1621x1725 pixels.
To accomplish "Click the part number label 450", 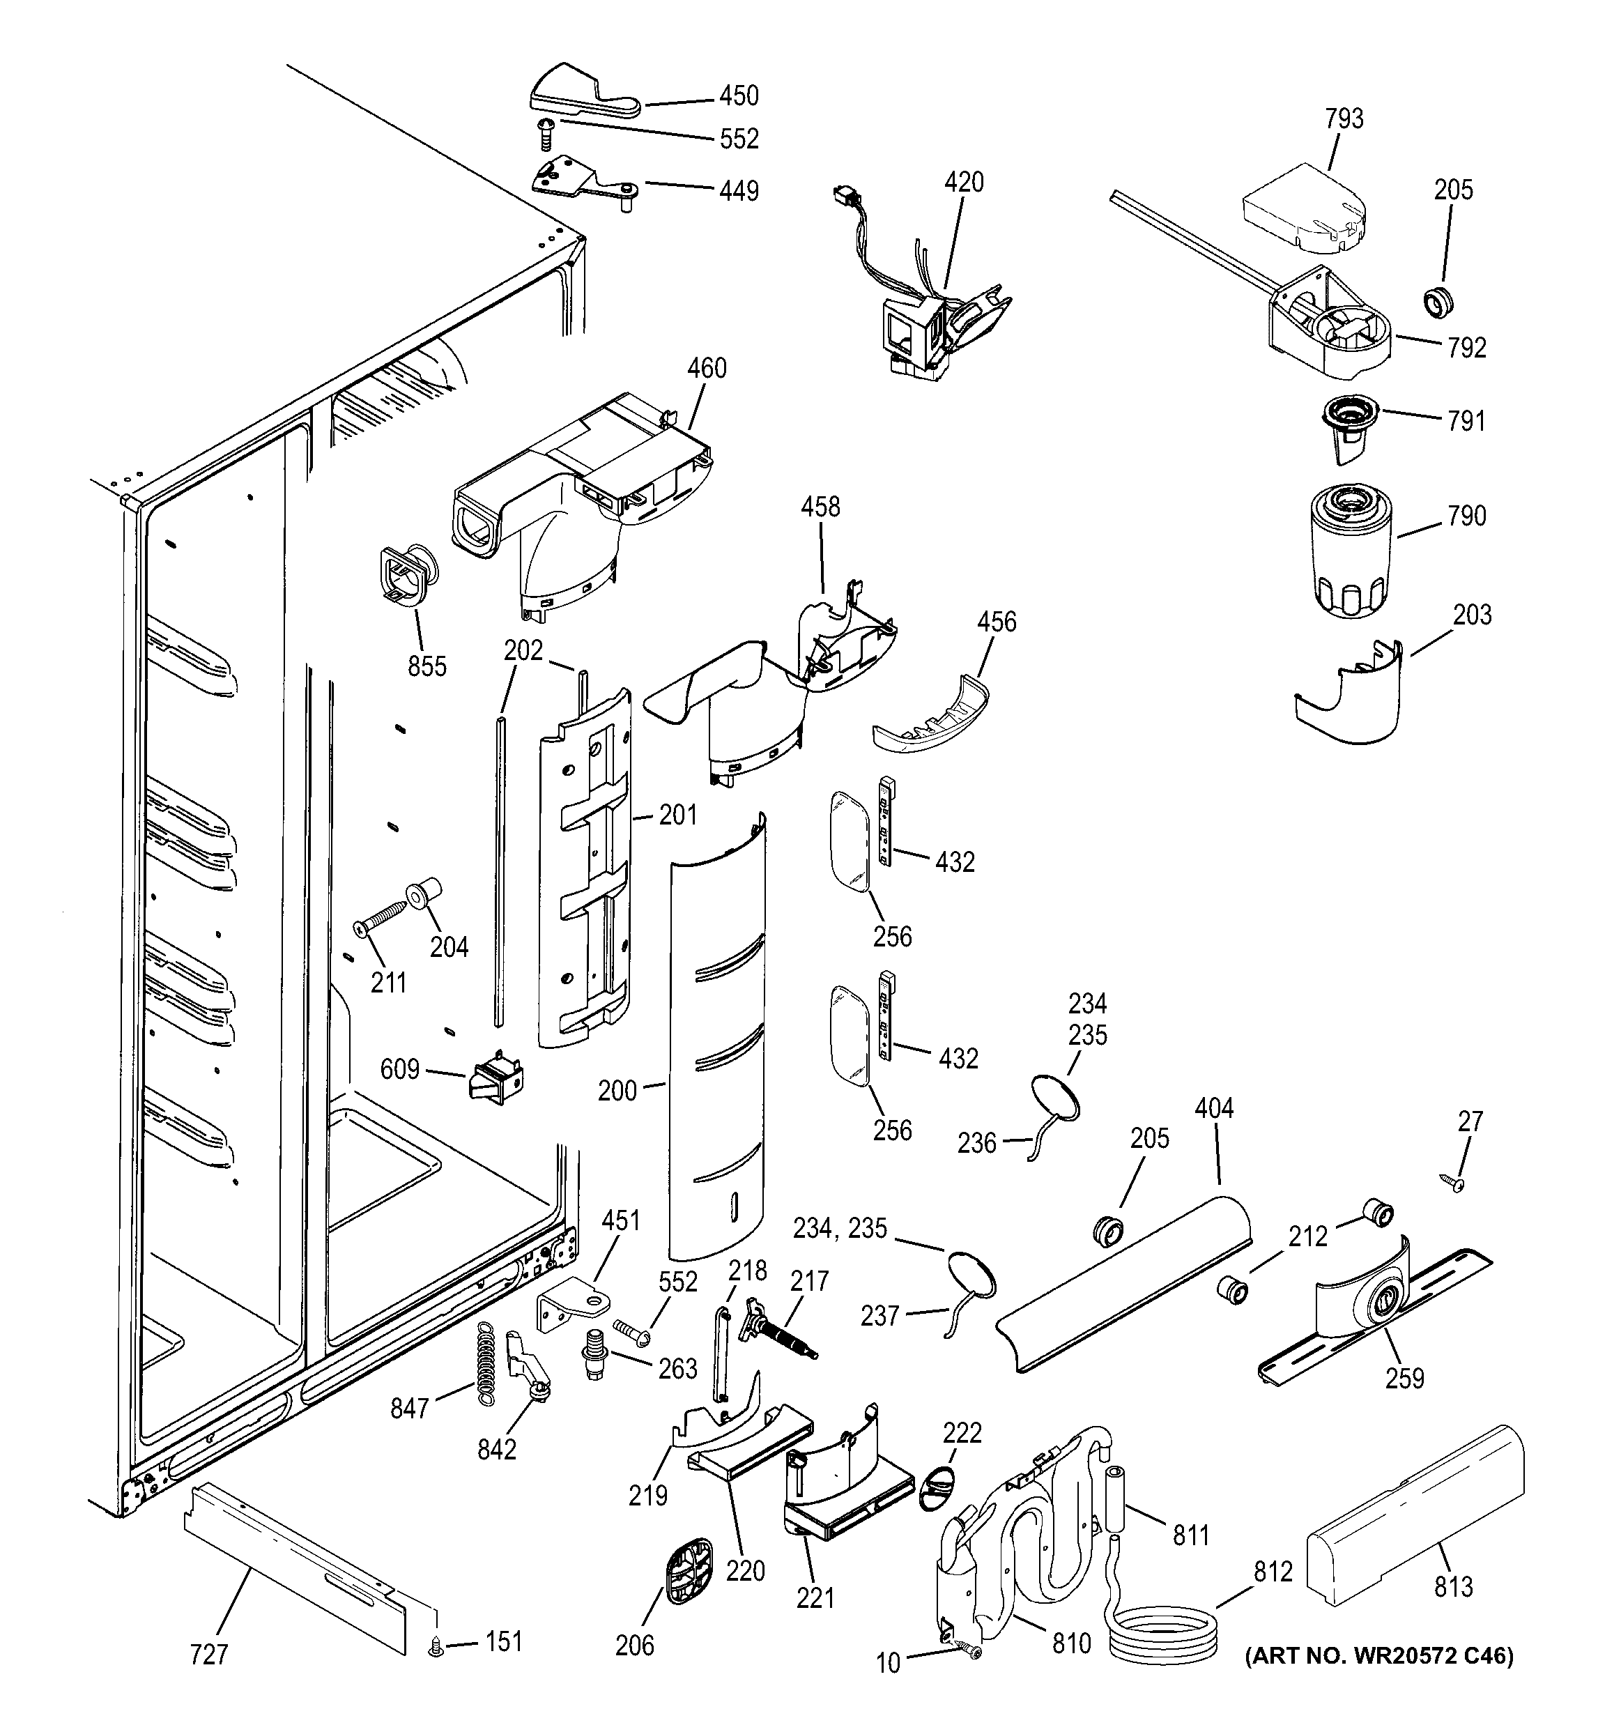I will click(x=739, y=95).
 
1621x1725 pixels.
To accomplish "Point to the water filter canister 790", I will click(x=1349, y=551).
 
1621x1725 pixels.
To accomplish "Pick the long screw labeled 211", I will click(x=380, y=917).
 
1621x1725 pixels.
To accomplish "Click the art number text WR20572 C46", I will click(x=1379, y=1680).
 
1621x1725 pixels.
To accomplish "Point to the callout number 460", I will click(x=707, y=368).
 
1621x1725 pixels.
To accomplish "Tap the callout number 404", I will click(x=1213, y=1108).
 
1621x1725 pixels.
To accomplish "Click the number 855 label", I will click(x=427, y=666).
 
